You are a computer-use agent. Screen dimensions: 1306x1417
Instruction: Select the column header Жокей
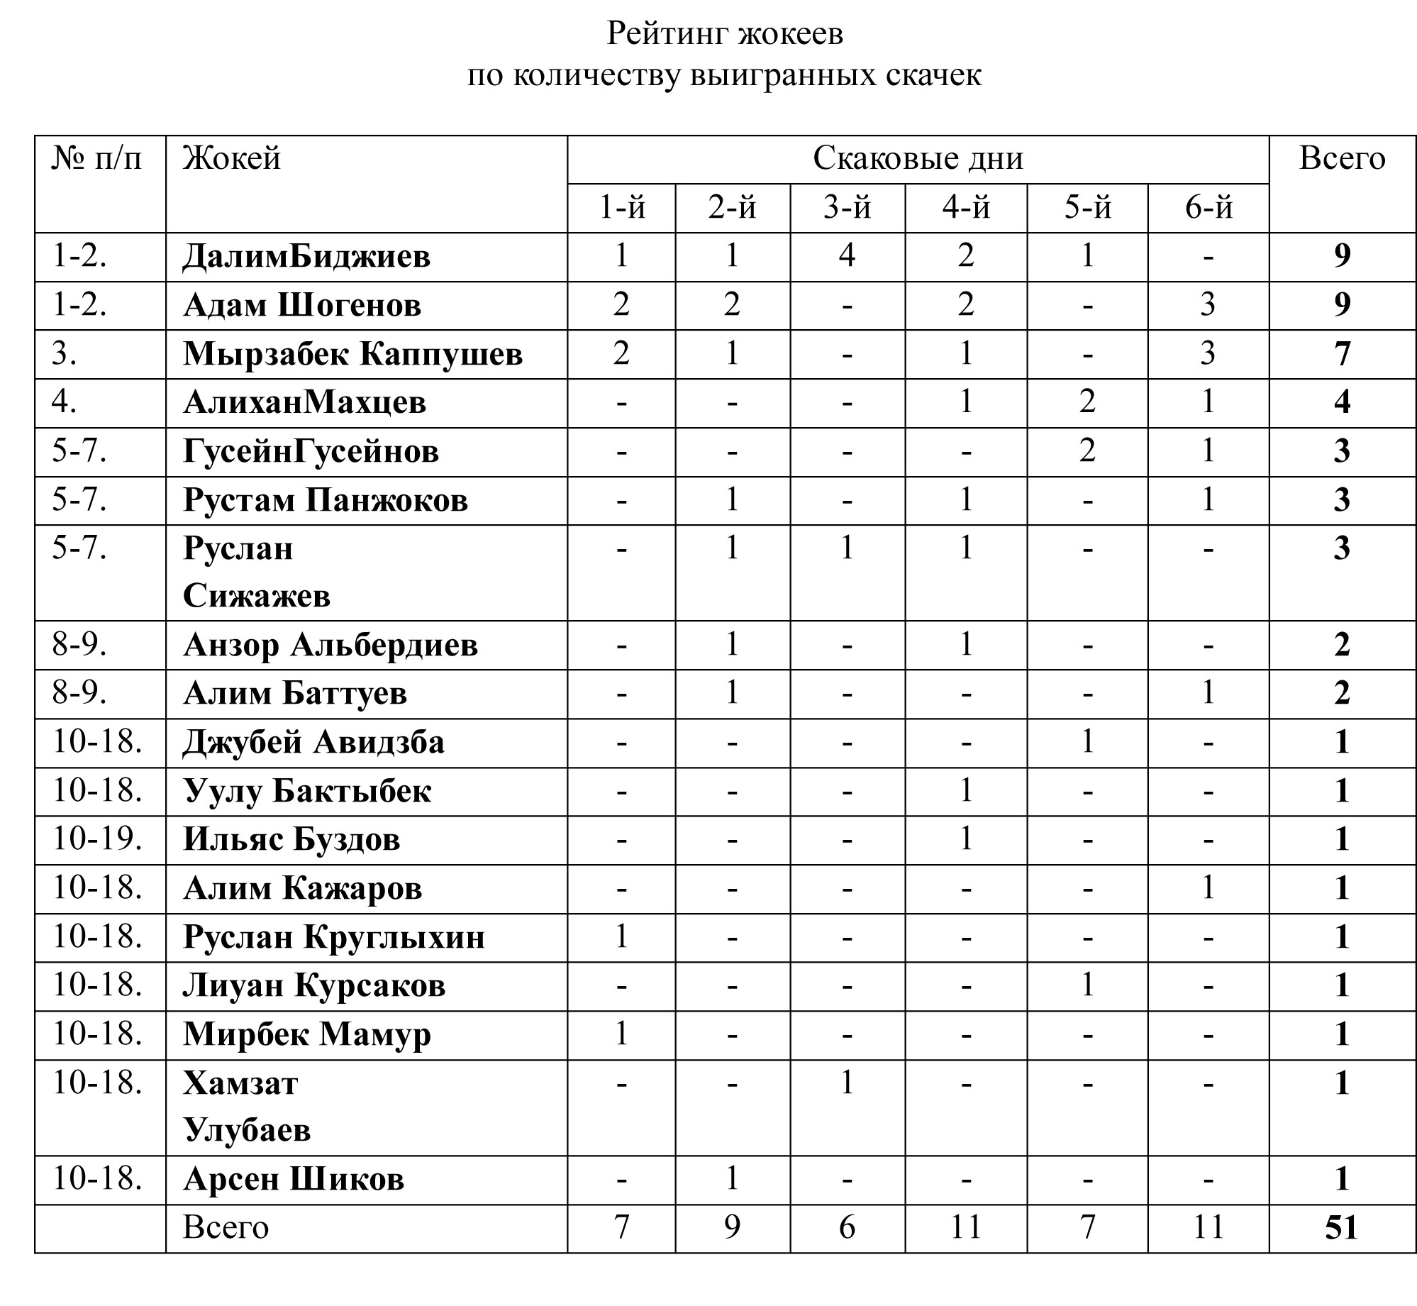click(232, 158)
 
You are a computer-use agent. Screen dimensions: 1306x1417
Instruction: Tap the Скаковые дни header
click(918, 158)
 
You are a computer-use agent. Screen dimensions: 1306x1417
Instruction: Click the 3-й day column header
click(847, 208)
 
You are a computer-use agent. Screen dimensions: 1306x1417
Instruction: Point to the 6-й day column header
click(1208, 208)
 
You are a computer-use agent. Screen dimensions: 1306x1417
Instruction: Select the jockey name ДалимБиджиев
click(306, 256)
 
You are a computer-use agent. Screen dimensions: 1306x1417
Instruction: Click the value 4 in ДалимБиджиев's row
click(847, 255)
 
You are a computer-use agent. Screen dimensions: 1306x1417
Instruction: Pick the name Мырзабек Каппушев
click(352, 353)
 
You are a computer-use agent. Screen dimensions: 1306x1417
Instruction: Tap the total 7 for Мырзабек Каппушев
click(1342, 353)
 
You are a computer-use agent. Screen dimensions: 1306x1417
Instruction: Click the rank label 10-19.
click(97, 839)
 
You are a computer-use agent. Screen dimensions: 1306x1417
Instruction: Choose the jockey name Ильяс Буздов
click(291, 839)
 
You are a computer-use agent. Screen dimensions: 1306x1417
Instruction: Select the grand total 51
click(1341, 1227)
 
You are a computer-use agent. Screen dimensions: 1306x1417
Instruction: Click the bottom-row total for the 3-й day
click(847, 1227)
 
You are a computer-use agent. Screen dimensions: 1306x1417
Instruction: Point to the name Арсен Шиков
click(294, 1179)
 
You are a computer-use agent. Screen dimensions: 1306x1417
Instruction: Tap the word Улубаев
click(247, 1130)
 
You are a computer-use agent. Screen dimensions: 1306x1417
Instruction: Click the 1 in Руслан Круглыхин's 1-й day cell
click(621, 936)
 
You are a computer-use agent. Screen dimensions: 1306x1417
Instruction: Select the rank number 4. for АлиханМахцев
click(65, 402)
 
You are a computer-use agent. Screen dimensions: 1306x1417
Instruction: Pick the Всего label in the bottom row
click(226, 1227)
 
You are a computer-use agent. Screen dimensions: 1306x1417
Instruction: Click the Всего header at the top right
click(1342, 158)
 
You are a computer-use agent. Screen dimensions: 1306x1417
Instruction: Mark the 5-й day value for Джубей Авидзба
click(1087, 742)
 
